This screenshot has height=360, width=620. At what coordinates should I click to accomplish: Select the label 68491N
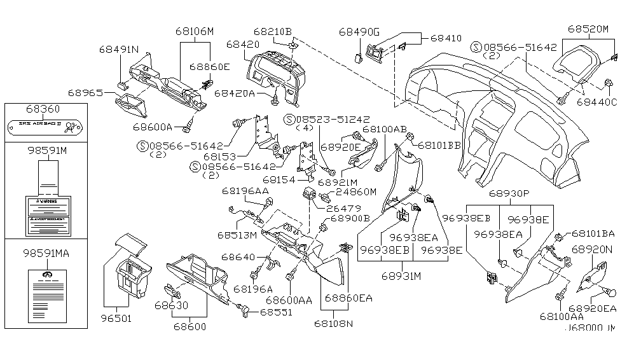[x=119, y=49]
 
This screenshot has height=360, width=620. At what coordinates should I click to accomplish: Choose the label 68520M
[x=588, y=29]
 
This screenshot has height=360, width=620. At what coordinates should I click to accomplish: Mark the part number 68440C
[x=597, y=101]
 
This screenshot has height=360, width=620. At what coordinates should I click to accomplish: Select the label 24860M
[x=356, y=191]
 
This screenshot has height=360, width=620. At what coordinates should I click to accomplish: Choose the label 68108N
[x=335, y=324]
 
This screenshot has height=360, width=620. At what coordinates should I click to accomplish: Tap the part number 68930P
[x=509, y=193]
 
